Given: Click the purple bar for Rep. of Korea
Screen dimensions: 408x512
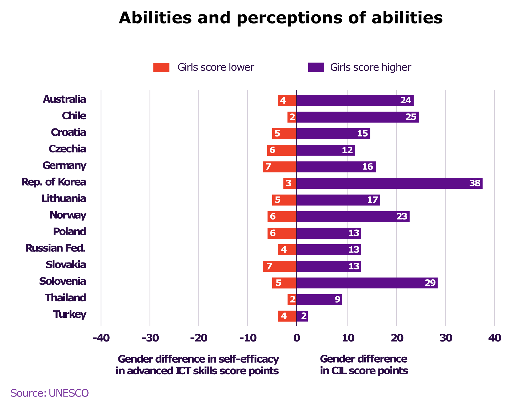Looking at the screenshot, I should (389, 183).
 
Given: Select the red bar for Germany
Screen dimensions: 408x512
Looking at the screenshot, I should (279, 167).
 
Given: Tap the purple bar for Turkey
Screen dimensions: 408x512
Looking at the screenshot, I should (302, 316).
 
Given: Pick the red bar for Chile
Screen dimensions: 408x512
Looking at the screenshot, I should (292, 117).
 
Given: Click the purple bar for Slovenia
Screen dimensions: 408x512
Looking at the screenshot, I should (367, 283).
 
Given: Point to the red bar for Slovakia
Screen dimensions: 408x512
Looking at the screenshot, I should (279, 266).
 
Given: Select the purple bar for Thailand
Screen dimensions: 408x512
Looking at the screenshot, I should (319, 300).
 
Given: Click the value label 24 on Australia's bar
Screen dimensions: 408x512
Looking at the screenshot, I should (406, 100).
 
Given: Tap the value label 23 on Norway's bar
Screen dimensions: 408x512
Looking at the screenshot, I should (402, 216).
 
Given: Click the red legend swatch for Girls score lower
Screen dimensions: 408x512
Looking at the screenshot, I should (161, 68).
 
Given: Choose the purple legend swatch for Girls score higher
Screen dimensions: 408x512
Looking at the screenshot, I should (316, 68).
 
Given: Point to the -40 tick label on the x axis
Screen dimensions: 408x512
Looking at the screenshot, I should (101, 338).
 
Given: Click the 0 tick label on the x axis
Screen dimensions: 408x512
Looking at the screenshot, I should (297, 338).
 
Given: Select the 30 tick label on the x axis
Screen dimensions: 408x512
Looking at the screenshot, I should (446, 338).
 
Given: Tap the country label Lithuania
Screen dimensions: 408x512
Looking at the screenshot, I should (64, 199).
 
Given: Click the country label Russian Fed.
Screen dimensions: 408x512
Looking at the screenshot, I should (55, 248).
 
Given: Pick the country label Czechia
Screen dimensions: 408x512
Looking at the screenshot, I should (67, 149).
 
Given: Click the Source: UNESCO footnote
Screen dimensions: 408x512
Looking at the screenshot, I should (50, 393).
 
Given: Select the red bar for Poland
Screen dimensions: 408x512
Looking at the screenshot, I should (282, 233).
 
